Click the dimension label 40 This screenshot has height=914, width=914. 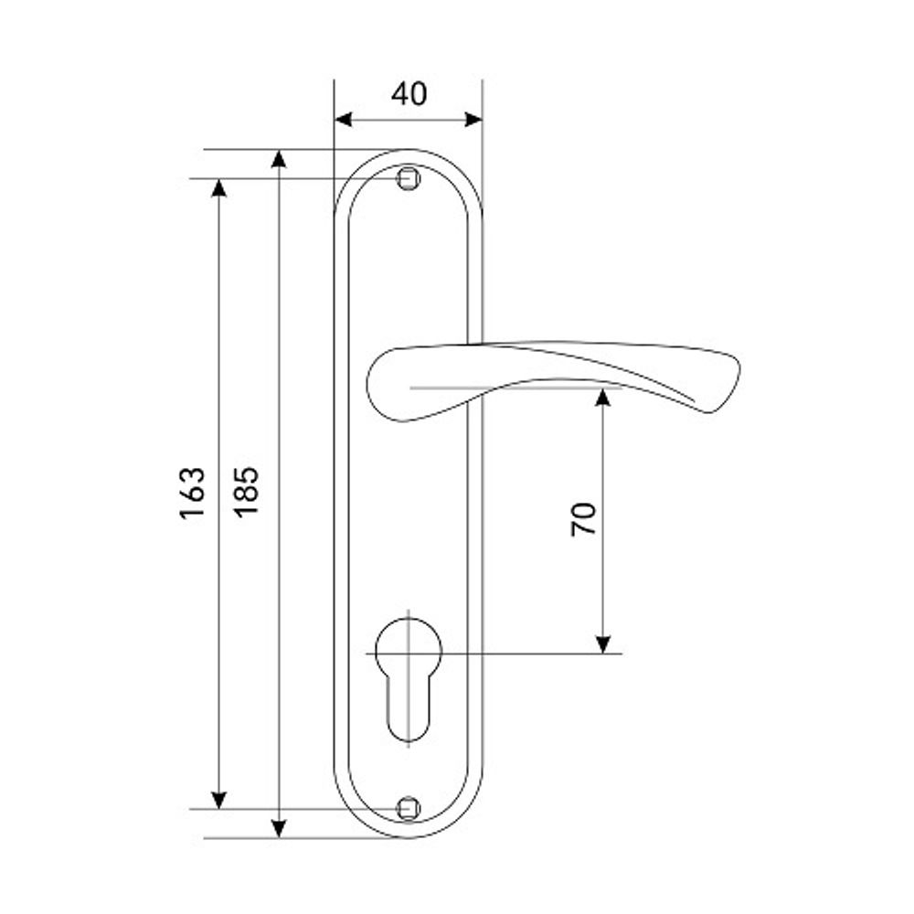click(x=409, y=94)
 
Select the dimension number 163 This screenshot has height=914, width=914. click(x=192, y=493)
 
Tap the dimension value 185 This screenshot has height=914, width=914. click(x=246, y=493)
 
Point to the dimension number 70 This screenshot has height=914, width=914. click(x=583, y=519)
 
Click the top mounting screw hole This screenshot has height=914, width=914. click(x=409, y=178)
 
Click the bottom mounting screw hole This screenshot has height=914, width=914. click(x=409, y=809)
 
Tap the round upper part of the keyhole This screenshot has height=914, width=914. click(x=409, y=648)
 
